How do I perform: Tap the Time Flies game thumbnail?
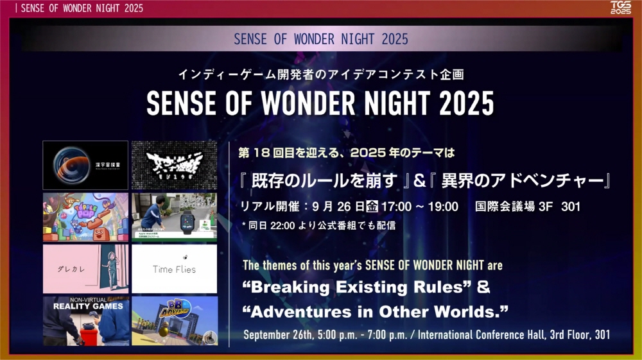174,269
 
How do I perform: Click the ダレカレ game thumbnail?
85,269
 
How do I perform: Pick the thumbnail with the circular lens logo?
85,165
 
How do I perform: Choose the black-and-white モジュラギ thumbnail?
174,165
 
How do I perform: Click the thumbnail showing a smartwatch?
174,217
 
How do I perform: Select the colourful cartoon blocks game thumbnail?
85,217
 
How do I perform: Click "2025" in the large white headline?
462,103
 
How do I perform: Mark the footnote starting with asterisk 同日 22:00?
318,225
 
